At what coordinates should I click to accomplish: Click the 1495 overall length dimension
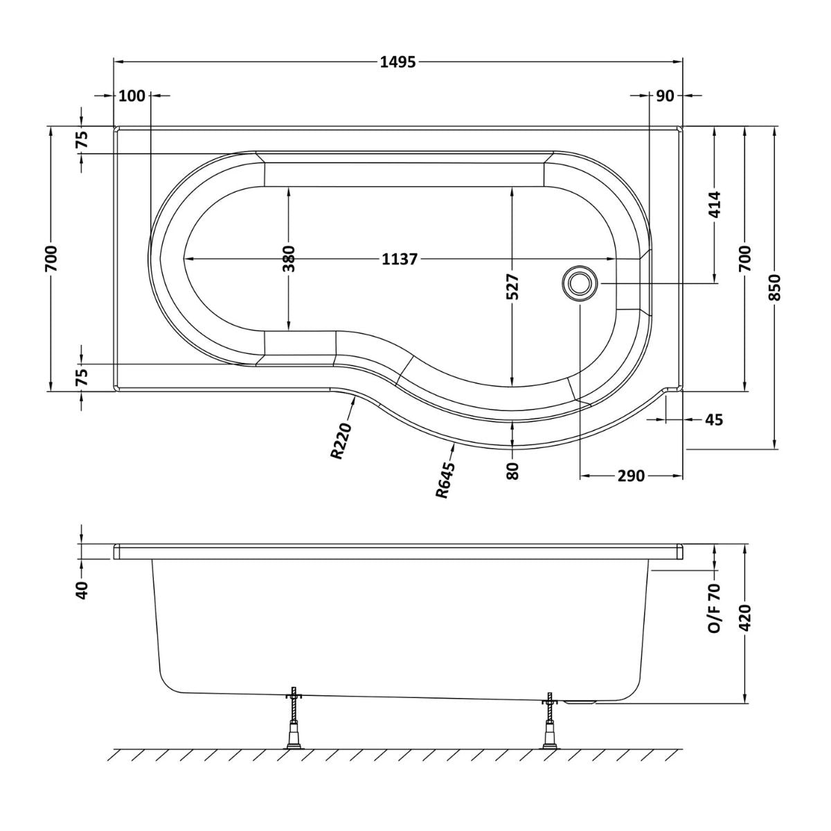click(x=397, y=62)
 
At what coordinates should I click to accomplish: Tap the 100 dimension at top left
click(x=132, y=96)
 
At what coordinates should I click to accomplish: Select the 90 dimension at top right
click(x=665, y=96)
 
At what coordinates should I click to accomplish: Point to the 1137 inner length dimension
click(x=400, y=259)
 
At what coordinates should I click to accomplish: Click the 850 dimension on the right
click(x=775, y=287)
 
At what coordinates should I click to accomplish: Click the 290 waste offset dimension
click(x=632, y=476)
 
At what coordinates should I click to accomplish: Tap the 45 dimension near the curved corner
click(x=714, y=419)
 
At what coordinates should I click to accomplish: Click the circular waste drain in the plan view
click(x=579, y=283)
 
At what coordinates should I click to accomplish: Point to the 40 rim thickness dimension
click(x=82, y=589)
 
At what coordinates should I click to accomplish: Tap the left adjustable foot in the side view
click(x=294, y=724)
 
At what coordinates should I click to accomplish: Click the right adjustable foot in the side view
click(x=550, y=724)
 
